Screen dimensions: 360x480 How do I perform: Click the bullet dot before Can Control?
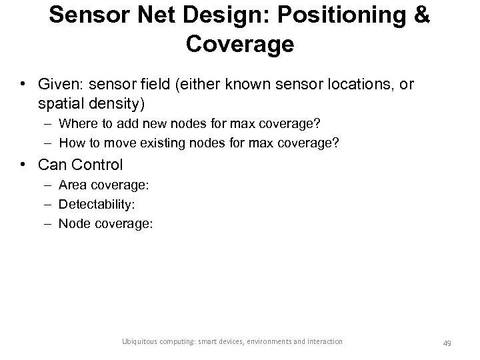[x=23, y=164]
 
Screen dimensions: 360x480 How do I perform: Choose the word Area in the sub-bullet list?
[x=71, y=184]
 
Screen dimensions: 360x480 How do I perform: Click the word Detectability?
[x=95, y=204]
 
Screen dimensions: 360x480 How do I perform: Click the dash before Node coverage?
[x=49, y=223]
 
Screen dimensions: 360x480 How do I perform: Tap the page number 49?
[x=447, y=343]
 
